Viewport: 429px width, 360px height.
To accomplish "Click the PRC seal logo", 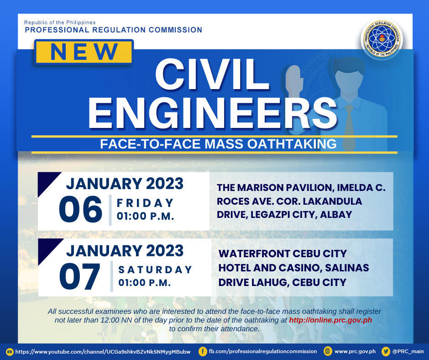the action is (382, 39).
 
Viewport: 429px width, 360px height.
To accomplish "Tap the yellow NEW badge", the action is (84, 52).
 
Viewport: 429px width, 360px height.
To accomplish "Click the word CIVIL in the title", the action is (212, 74).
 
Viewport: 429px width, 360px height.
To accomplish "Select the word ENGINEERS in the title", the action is (213, 113).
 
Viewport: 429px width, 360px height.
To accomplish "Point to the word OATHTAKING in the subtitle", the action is (292, 144).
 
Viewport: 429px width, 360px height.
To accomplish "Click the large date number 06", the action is (80, 209).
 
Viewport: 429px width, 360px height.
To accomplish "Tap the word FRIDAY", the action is (145, 203).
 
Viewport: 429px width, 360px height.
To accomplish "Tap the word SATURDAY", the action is (155, 270).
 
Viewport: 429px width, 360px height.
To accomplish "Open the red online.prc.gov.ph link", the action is (330, 320).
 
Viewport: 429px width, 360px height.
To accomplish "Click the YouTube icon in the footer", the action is (10, 352).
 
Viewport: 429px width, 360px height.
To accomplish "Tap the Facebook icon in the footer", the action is (203, 351).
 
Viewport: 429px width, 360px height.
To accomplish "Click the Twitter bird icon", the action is (386, 351).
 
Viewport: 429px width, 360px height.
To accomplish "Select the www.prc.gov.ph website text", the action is (355, 351).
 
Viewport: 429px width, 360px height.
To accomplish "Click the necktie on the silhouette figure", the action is (350, 126).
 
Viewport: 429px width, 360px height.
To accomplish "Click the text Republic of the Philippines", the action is (60, 22).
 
